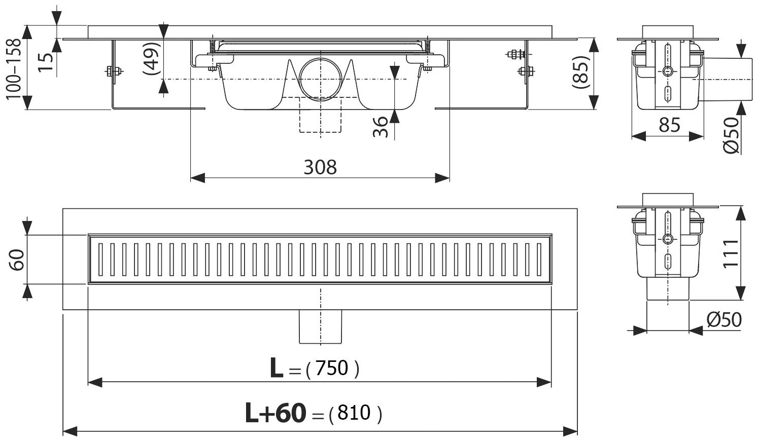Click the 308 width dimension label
click(x=320, y=166)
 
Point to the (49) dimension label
click(x=151, y=58)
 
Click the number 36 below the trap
click(x=382, y=126)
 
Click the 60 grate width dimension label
click(x=17, y=259)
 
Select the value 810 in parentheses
click(x=354, y=414)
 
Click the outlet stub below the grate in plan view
click(x=321, y=326)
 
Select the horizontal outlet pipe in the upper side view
click(x=722, y=79)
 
